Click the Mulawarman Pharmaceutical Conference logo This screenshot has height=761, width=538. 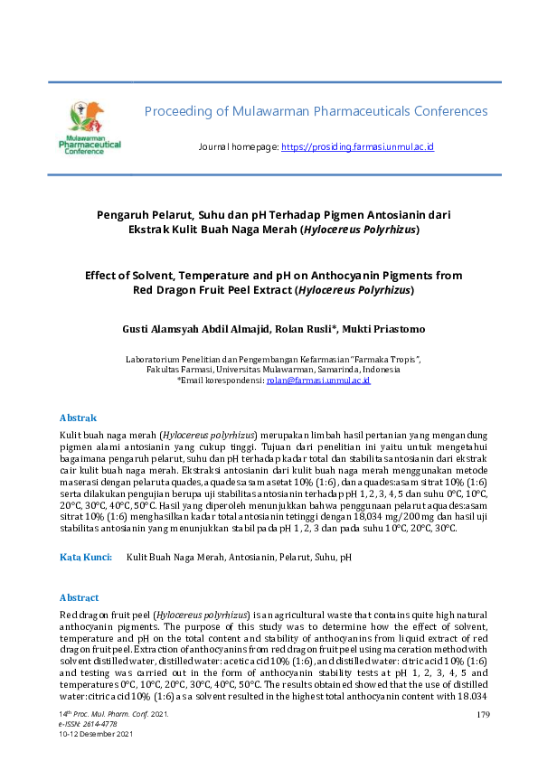(90, 127)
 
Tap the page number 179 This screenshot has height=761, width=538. (482, 716)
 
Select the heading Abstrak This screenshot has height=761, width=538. (78, 418)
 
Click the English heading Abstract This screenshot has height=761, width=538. (80, 598)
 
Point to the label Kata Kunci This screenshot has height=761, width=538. (86, 559)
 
